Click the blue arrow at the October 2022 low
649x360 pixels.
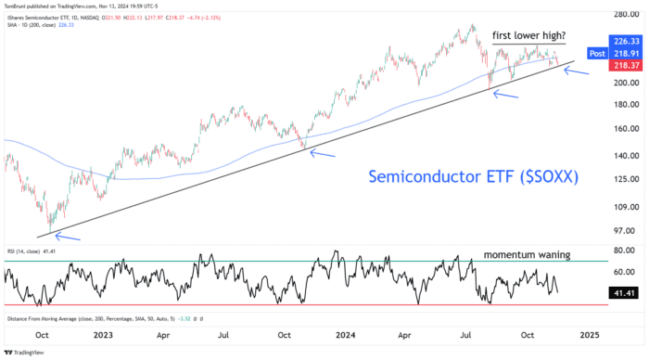pos(70,238)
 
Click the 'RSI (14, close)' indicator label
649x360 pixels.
pos(26,251)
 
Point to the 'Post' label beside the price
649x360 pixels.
pos(597,54)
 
